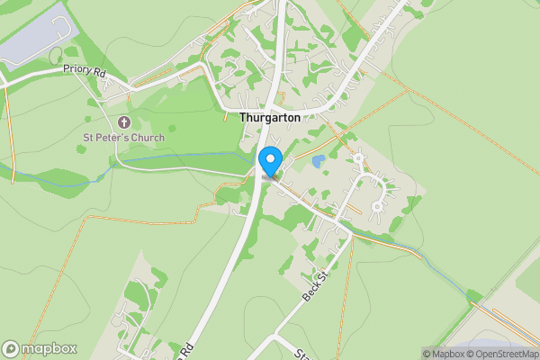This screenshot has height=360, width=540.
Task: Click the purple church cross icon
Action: click(x=124, y=121)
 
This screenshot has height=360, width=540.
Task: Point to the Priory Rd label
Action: click(x=84, y=69)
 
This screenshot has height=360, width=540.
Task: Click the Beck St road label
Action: click(x=312, y=285)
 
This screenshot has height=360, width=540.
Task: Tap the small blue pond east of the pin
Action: click(x=319, y=162)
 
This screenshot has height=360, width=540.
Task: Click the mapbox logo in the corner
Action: click(x=40, y=349)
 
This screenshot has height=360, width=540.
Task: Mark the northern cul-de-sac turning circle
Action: click(x=358, y=158)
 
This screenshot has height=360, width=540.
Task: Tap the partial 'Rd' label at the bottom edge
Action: click(x=187, y=347)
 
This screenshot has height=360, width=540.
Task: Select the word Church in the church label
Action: click(x=149, y=137)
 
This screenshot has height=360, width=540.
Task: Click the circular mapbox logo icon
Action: click(x=11, y=349)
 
